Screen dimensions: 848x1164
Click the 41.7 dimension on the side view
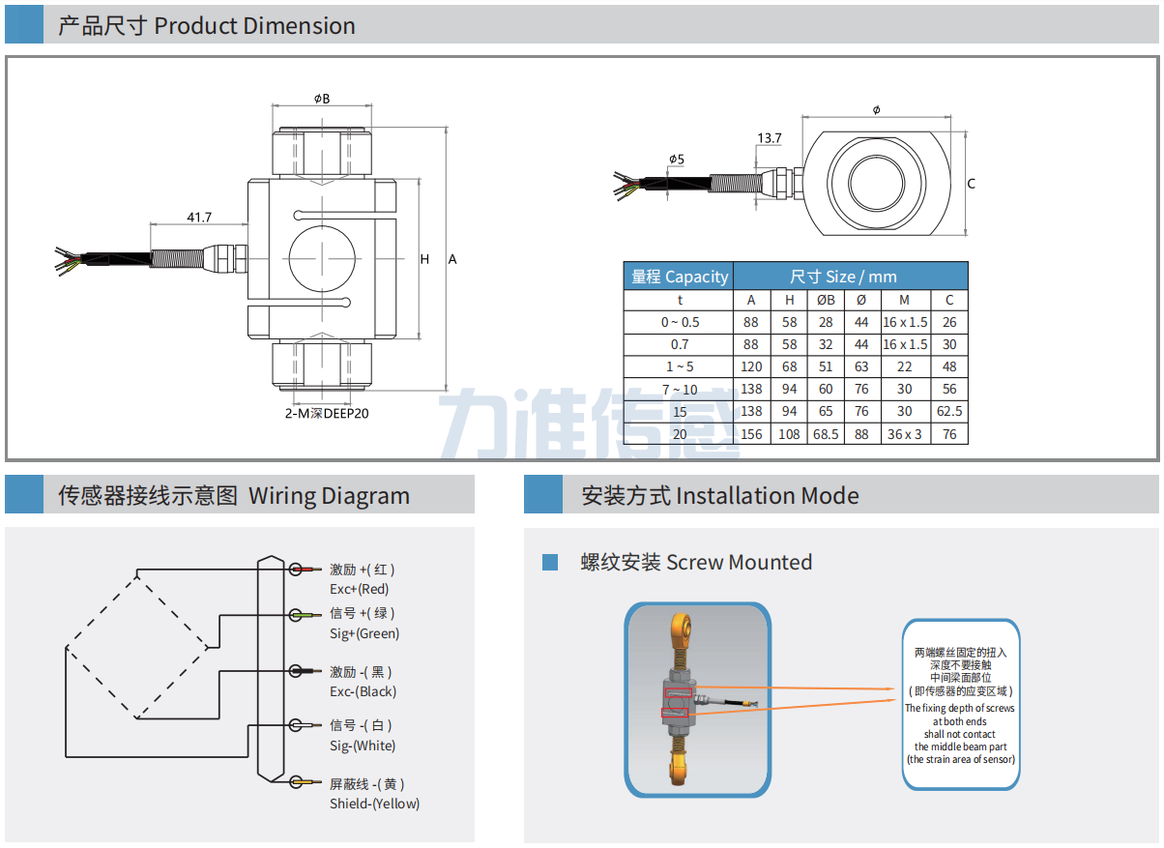(x=199, y=218)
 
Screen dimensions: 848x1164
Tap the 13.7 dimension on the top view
(x=770, y=138)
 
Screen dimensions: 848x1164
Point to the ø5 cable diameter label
(x=676, y=159)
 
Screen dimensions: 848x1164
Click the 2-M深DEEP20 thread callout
(x=327, y=413)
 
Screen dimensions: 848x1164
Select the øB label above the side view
(x=322, y=99)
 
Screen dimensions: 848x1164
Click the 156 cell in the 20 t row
(x=751, y=434)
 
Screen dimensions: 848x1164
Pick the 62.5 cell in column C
(x=949, y=411)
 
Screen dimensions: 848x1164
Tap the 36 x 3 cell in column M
(x=904, y=434)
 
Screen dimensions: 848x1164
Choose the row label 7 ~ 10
(x=679, y=389)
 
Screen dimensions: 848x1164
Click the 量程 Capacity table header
(x=679, y=277)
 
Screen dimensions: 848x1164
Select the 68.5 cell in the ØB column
(x=826, y=434)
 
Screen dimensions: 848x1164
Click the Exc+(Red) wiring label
(x=359, y=589)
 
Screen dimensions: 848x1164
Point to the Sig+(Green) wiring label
(x=364, y=633)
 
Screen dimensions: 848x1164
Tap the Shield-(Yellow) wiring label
(x=374, y=804)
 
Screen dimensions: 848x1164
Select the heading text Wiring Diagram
(x=329, y=496)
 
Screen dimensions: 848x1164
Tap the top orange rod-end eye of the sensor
(x=680, y=627)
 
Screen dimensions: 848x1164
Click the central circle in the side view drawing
(x=322, y=258)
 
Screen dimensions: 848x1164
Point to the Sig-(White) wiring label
(x=363, y=746)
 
